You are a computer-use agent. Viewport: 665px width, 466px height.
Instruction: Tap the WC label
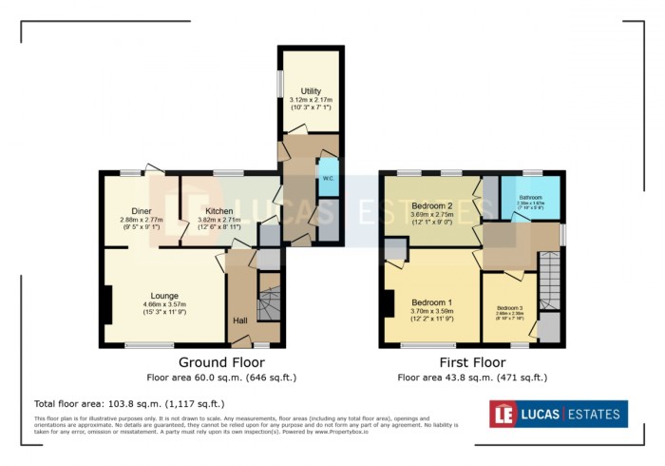[327, 178]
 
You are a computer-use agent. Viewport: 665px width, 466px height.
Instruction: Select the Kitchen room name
[219, 211]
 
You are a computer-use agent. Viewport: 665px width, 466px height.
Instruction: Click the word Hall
[241, 320]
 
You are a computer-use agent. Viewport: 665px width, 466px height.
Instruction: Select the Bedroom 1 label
[430, 302]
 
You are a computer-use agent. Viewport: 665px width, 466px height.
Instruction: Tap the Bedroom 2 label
[431, 206]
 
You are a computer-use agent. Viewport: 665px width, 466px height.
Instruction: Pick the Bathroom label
[530, 196]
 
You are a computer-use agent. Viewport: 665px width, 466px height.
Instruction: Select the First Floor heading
[471, 361]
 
